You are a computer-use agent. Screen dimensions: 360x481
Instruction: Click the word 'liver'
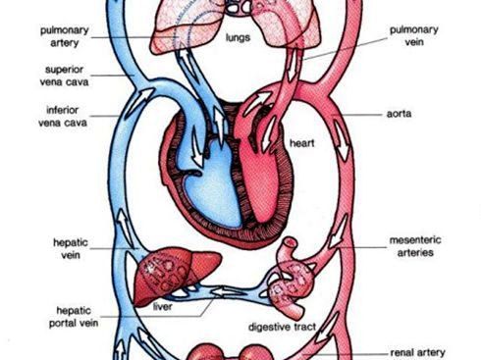coord(163,305)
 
